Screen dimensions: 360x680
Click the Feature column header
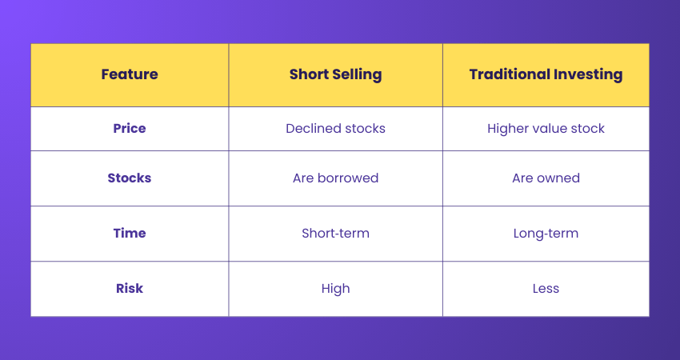pos(130,74)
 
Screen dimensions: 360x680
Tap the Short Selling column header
pos(335,74)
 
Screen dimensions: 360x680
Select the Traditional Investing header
pos(546,74)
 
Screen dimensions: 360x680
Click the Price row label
pos(130,128)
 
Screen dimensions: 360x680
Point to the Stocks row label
pos(130,178)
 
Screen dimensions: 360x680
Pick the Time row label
pos(130,234)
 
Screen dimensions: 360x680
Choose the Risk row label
pos(130,288)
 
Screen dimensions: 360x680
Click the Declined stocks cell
pos(335,128)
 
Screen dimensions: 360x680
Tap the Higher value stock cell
pos(546,128)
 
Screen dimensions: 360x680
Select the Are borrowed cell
pos(335,178)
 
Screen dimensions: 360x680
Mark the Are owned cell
pos(546,178)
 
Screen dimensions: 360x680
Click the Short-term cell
pos(335,234)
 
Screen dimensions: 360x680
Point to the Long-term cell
pos(546,234)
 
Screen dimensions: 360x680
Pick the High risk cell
pos(335,288)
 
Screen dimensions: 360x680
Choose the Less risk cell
pos(546,288)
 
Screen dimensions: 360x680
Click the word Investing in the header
pos(588,74)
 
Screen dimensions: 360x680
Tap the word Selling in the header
pos(356,74)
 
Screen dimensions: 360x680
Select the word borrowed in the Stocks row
pos(348,178)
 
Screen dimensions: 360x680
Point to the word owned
pos(558,178)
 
